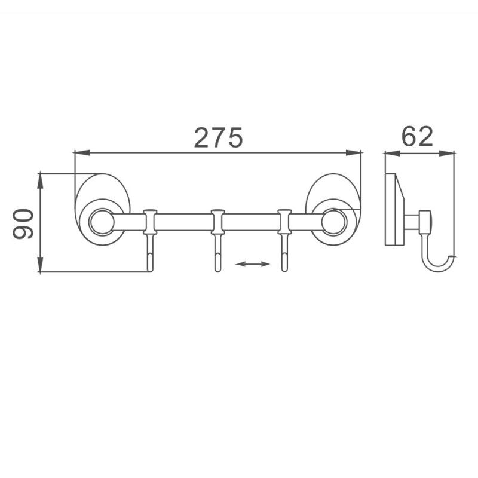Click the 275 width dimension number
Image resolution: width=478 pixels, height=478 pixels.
218,137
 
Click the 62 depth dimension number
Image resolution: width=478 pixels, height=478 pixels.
417,137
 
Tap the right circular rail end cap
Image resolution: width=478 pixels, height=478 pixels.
332,221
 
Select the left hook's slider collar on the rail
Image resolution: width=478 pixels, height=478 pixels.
149,222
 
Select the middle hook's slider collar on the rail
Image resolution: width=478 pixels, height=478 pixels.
217,222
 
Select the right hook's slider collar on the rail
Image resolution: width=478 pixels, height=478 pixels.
285,222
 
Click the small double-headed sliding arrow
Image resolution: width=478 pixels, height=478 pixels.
253,263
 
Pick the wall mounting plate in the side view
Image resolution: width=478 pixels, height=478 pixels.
393,209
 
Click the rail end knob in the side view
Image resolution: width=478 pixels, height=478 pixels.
425,222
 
